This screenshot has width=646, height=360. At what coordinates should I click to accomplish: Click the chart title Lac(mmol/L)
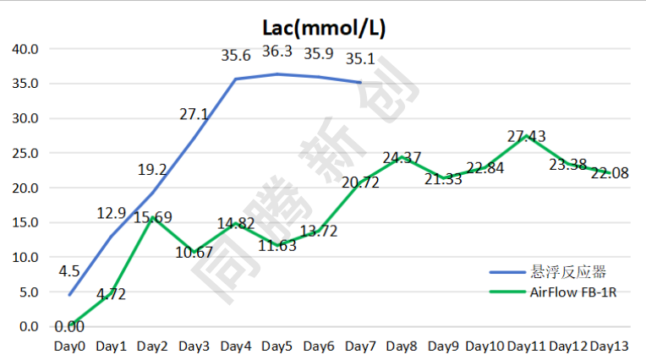tap(324, 28)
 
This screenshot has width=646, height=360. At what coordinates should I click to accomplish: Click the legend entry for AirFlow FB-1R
tap(568, 292)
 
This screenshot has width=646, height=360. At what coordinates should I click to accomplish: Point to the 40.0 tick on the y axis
tap(25, 49)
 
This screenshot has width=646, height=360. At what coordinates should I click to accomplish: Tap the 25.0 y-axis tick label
tap(25, 153)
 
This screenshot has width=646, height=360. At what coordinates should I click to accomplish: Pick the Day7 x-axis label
tap(360, 346)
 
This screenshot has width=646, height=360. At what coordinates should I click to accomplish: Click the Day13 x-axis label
tap(609, 346)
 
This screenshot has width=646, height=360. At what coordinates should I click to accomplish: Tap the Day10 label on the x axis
tap(484, 346)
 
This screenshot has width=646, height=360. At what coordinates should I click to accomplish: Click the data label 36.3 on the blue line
tap(277, 52)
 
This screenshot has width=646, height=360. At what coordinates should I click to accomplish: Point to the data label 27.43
tap(527, 136)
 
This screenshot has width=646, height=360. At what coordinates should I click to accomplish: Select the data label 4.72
tap(111, 295)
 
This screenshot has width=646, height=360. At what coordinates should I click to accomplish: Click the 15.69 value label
tap(153, 217)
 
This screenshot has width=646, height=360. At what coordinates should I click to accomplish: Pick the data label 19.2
tap(152, 170)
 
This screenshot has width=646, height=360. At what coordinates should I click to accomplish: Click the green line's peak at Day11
tap(527, 135)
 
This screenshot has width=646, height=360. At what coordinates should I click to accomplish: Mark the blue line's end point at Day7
tap(360, 83)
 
